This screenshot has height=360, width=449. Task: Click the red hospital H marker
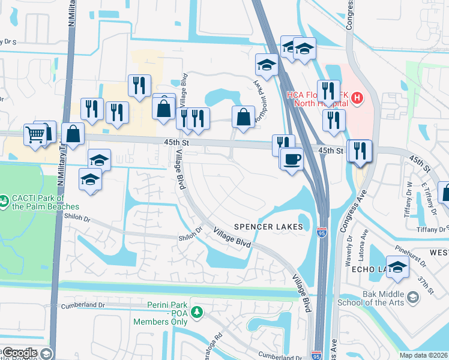(x=357, y=97)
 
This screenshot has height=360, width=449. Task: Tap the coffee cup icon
(x=292, y=160)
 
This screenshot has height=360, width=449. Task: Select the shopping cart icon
(x=35, y=134)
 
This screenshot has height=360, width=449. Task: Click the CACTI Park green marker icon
(x=4, y=198)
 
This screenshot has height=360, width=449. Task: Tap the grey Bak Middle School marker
(x=413, y=298)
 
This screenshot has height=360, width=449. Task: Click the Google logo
(x=20, y=353)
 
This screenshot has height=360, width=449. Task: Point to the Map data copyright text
(x=424, y=355)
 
